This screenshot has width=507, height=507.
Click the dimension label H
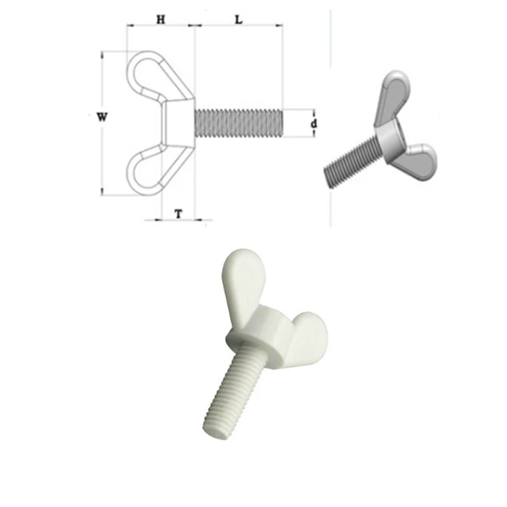coord(160,20)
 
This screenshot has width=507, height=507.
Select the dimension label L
coord(239,20)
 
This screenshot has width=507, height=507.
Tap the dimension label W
coord(102,117)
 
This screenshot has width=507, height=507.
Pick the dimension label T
coord(178,214)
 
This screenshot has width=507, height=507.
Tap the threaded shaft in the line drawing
coord(237,123)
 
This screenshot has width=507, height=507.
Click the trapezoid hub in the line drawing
coord(178,123)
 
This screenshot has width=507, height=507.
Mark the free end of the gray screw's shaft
coord(329,177)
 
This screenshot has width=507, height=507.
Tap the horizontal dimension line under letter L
coord(239,27)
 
